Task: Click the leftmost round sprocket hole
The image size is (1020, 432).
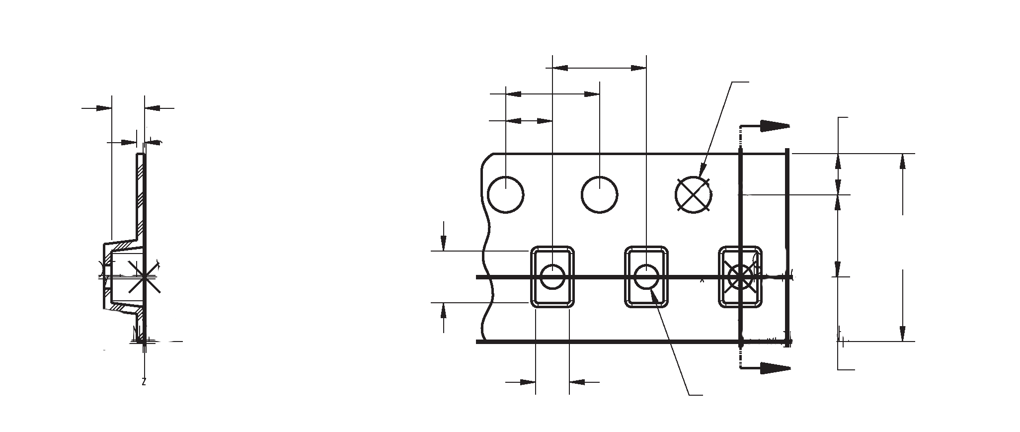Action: pyautogui.click(x=506, y=195)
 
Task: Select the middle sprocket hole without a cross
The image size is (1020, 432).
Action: pyautogui.click(x=600, y=195)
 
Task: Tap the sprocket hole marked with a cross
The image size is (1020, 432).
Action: pyautogui.click(x=694, y=195)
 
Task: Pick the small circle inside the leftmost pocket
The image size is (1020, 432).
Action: pyautogui.click(x=552, y=277)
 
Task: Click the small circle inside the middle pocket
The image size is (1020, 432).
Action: pyautogui.click(x=646, y=277)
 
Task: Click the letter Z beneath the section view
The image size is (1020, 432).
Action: pyautogui.click(x=144, y=382)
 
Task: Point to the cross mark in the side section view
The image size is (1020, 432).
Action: pyautogui.click(x=144, y=276)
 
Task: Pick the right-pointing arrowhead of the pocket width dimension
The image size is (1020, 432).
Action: pyautogui.click(x=528, y=382)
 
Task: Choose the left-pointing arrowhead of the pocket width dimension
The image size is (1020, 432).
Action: pyautogui.click(x=576, y=382)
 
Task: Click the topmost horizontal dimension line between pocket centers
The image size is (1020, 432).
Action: pyautogui.click(x=599, y=68)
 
